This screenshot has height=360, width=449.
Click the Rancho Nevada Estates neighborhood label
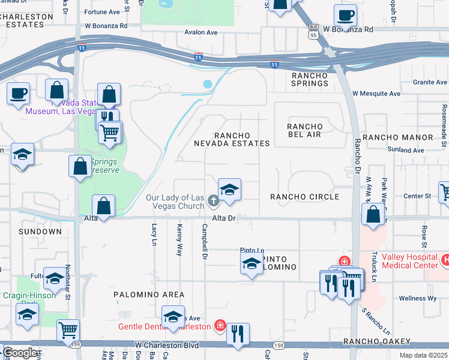(232, 139)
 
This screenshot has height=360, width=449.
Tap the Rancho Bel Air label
(304, 130)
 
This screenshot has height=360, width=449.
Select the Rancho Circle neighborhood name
(304, 197)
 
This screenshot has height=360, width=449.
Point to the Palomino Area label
(149, 295)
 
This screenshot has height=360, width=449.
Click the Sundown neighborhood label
(40, 231)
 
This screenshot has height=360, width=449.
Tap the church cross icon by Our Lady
(213, 199)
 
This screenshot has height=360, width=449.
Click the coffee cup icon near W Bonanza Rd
(345, 15)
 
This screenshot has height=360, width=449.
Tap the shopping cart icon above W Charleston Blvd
(68, 329)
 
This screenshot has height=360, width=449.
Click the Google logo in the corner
(20, 353)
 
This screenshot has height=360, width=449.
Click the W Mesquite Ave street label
(376, 94)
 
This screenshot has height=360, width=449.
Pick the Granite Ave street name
(430, 82)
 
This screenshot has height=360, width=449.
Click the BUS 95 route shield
(313, 30)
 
